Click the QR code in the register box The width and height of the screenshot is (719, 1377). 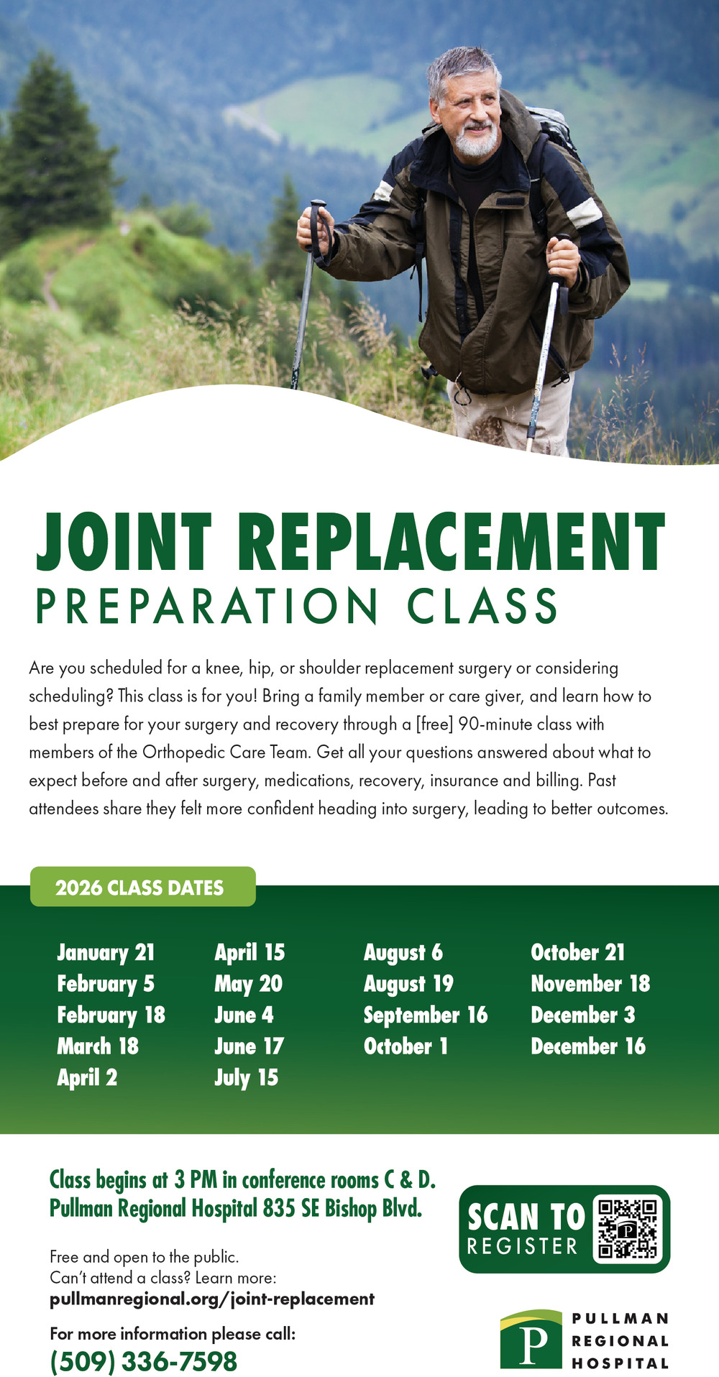(627, 1228)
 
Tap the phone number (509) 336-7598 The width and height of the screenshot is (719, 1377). (144, 1361)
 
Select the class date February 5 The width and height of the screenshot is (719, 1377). (106, 983)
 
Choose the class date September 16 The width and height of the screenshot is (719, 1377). (426, 1015)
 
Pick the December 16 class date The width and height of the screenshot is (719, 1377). (588, 1046)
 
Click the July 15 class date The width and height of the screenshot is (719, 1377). (246, 1077)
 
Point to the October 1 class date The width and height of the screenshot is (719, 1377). (406, 1046)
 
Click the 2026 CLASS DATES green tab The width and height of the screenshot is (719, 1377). (142, 887)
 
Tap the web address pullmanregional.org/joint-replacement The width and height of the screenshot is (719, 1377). (212, 1299)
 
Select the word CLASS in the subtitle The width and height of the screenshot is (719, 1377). (482, 606)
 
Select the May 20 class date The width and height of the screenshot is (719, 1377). (248, 983)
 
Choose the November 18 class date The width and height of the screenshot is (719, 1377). (590, 983)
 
